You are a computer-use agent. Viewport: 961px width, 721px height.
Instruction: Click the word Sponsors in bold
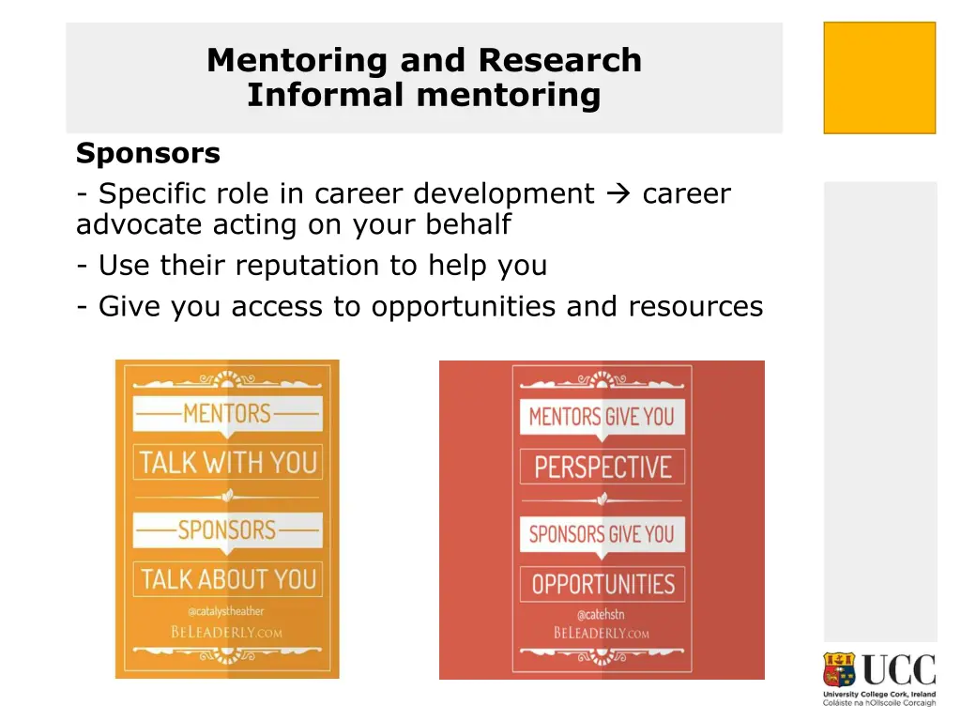pyautogui.click(x=147, y=153)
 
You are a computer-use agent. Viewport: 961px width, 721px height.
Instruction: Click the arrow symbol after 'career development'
pyautogui.click(x=618, y=194)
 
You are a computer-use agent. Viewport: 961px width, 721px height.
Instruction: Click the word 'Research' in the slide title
pyautogui.click(x=559, y=60)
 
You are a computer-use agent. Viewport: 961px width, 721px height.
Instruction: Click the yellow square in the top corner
pyautogui.click(x=879, y=78)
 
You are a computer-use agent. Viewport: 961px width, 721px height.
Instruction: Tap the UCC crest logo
pyautogui.click(x=839, y=670)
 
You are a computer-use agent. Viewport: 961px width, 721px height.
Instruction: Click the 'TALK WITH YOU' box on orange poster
pyautogui.click(x=228, y=463)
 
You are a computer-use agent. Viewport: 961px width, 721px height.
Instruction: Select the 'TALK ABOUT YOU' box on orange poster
pyautogui.click(x=228, y=579)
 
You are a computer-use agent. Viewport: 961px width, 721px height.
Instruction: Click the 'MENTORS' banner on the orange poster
pyautogui.click(x=227, y=413)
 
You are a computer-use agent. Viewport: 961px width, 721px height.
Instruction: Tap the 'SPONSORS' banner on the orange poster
pyautogui.click(x=227, y=529)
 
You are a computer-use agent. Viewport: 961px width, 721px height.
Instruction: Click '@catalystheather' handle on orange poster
pyautogui.click(x=226, y=612)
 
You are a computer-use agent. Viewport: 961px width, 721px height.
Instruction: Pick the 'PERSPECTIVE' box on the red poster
pyautogui.click(x=602, y=468)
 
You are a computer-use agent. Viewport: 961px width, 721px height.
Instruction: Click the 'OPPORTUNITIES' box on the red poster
pyautogui.click(x=603, y=584)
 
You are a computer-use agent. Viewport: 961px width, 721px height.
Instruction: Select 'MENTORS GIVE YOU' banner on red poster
pyautogui.click(x=602, y=417)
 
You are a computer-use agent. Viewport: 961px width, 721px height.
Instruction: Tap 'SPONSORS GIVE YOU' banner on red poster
pyautogui.click(x=602, y=534)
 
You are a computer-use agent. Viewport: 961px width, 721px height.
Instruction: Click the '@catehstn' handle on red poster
pyautogui.click(x=601, y=615)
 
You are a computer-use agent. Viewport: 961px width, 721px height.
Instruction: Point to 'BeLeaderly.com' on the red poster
pyautogui.click(x=601, y=633)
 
